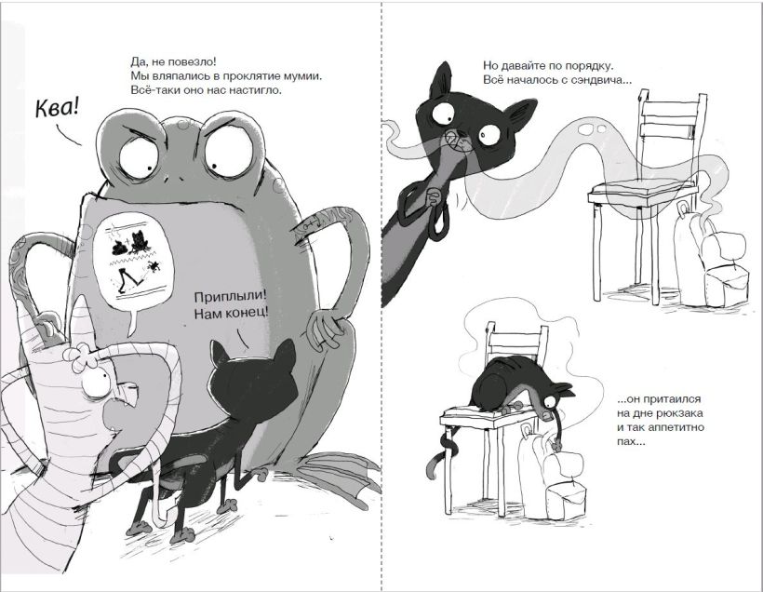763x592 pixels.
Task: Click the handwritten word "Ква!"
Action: (x=57, y=108)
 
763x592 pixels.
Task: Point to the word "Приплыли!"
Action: (x=231, y=297)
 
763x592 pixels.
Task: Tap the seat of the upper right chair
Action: (x=642, y=193)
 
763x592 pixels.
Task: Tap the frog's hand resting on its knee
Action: (x=326, y=330)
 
